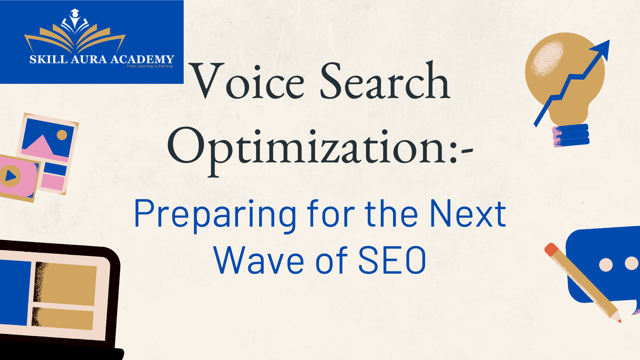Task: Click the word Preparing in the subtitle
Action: (215, 215)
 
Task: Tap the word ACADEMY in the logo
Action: (142, 60)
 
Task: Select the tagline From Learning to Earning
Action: (150, 66)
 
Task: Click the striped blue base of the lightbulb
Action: (571, 135)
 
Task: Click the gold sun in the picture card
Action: (62, 135)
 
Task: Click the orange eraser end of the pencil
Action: (551, 249)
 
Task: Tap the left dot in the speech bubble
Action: (606, 264)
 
